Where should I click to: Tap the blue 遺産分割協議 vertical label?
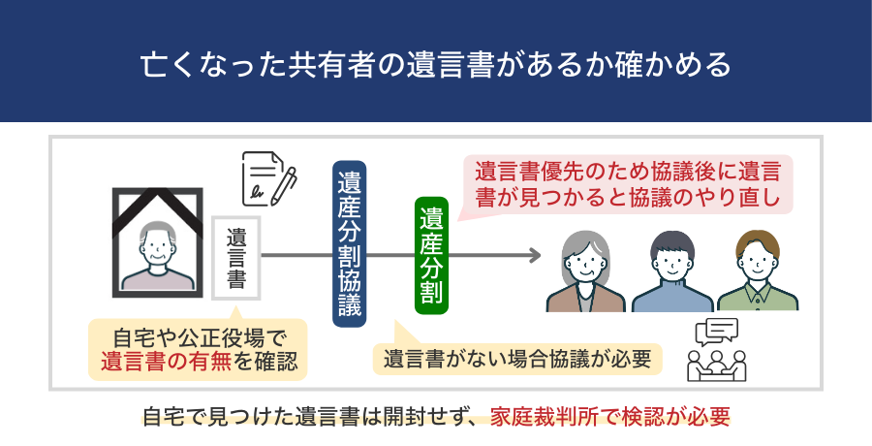[x=349, y=243]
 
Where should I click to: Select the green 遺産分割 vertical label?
[x=431, y=254]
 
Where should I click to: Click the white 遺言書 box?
[x=235, y=257]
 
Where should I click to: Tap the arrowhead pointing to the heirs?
[x=532, y=256]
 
